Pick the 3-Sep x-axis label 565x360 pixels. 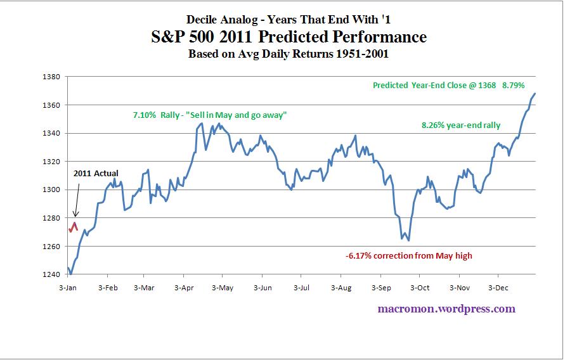coord(381,288)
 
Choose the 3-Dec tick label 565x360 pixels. coord(498,288)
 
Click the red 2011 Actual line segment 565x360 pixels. coord(74,227)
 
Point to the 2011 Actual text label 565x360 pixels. coord(96,172)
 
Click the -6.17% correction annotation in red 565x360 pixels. coord(409,256)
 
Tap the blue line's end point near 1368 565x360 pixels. coord(535,94)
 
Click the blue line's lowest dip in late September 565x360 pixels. coord(408,240)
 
